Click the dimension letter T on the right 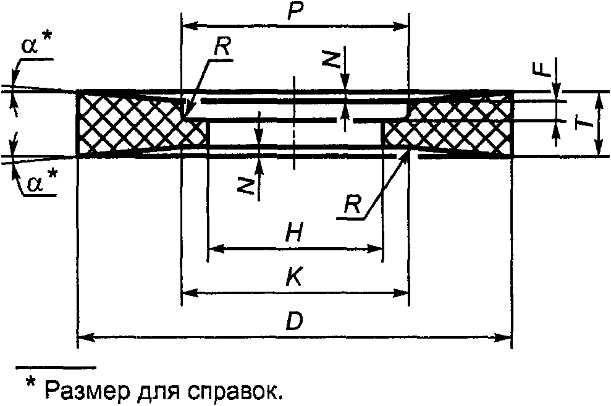pos(584,123)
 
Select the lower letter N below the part pos(247,185)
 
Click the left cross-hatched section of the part pos(130,124)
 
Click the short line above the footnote pos(56,368)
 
